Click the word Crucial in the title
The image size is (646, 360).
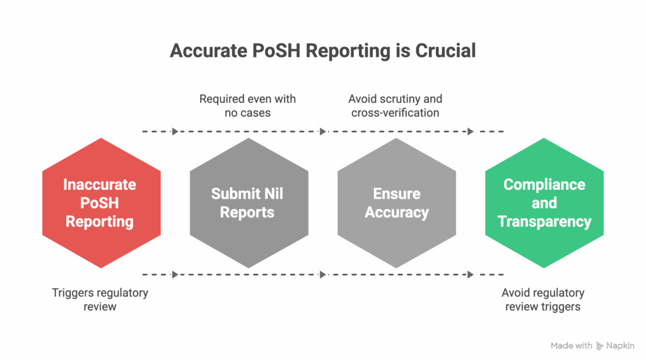click(445, 50)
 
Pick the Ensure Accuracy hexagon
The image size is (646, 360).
click(396, 203)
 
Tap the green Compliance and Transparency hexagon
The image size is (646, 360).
click(544, 203)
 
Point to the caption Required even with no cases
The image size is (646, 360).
click(247, 106)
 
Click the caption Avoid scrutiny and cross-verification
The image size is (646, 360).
click(395, 106)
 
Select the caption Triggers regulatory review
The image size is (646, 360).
click(100, 299)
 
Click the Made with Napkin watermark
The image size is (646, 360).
click(592, 346)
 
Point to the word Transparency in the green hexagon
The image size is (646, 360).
click(544, 221)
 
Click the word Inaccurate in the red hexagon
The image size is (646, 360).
click(100, 185)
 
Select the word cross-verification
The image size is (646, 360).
click(395, 113)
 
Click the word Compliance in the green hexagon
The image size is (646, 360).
click(544, 185)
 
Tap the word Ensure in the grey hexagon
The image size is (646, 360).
click(396, 194)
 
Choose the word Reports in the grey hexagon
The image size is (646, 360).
click(247, 212)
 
